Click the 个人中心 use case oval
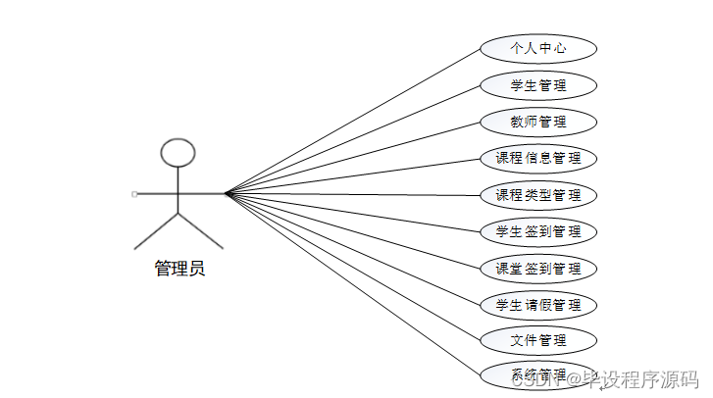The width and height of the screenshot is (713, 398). (x=538, y=48)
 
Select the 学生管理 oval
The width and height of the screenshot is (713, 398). (x=538, y=85)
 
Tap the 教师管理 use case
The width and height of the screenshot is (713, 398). (x=538, y=123)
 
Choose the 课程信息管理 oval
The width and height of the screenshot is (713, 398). (x=538, y=158)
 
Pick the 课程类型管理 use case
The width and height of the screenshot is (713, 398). (x=538, y=195)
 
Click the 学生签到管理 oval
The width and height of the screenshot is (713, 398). (x=538, y=232)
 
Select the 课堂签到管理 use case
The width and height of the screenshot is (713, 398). (x=538, y=269)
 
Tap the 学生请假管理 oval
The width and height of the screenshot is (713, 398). (x=538, y=305)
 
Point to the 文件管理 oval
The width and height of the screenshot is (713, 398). (x=538, y=341)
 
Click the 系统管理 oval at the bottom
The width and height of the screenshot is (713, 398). (x=538, y=373)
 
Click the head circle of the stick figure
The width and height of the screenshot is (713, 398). (x=178, y=152)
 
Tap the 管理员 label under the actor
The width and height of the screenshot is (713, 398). (x=179, y=269)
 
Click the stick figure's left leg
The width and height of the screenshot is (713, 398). (x=156, y=229)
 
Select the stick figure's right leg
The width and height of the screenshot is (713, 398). (x=201, y=229)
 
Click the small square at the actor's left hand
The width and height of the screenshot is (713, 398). (x=134, y=194)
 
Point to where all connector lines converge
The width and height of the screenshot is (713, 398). (x=226, y=193)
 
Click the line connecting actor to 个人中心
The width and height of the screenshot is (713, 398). (x=353, y=121)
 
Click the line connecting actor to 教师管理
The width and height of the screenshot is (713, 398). (x=353, y=158)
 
